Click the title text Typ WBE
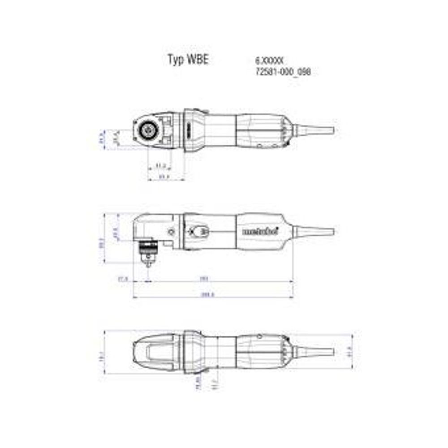coord(188,60)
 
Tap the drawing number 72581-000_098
coord(283,72)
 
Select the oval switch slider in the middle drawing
coord(198,231)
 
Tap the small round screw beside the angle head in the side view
coord(171,231)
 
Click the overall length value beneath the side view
coord(207,294)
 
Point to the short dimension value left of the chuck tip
coord(123,279)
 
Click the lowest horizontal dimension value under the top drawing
coord(164,177)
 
